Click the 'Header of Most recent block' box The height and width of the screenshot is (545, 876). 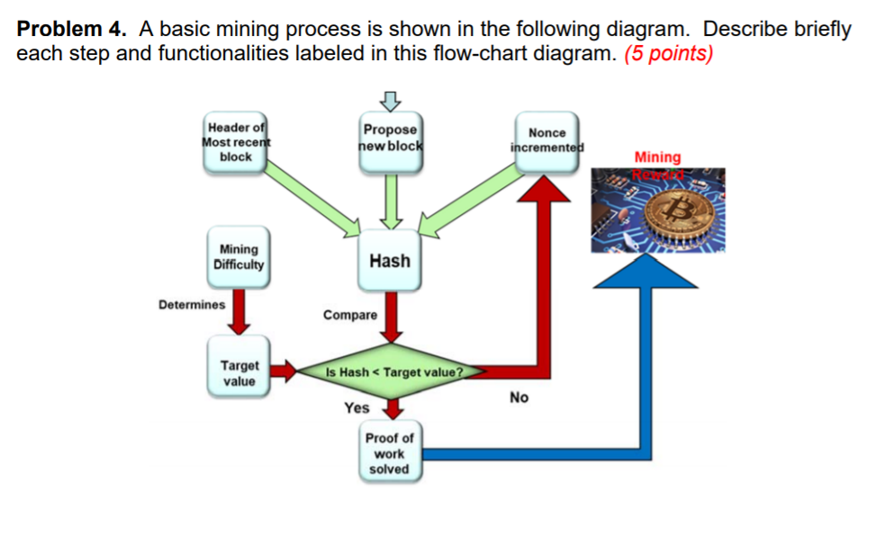point(235,143)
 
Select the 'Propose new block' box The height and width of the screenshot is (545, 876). point(390,138)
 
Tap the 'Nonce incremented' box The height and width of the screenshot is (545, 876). point(546,139)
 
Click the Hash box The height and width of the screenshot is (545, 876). point(390,261)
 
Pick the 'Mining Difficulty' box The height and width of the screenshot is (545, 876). point(239,256)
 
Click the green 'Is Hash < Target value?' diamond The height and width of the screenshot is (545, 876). point(394,371)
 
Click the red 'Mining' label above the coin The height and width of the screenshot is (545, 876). point(657,156)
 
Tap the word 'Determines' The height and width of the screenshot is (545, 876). point(192,305)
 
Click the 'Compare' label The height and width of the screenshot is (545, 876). point(350,315)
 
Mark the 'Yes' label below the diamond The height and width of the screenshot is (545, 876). point(357,408)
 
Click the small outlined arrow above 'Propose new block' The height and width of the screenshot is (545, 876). point(389,98)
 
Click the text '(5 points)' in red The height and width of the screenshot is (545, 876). point(667,54)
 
